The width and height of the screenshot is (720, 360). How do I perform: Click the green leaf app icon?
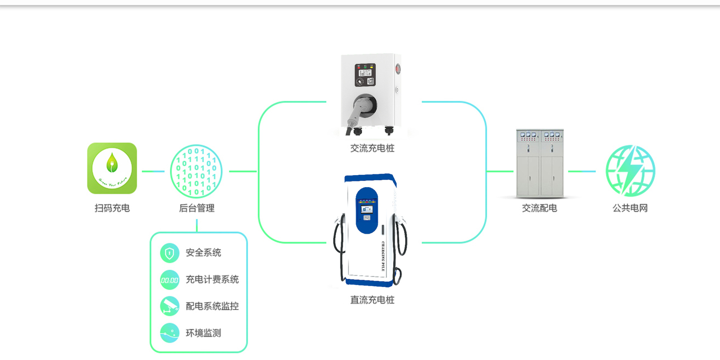112,168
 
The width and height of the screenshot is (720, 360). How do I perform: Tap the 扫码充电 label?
112,208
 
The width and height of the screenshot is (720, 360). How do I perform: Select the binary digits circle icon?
196,171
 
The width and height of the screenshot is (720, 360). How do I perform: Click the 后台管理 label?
196,208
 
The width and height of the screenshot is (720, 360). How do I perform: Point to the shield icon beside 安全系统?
169,253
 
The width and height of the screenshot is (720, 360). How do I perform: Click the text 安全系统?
204,253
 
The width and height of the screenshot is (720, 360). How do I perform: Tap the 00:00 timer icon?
169,280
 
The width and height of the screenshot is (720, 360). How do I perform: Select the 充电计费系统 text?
212,280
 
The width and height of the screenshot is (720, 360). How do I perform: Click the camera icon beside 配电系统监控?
169,306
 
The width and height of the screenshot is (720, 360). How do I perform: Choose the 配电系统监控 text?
212,306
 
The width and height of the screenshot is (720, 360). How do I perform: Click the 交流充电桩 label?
372,149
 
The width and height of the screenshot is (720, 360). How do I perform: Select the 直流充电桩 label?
372,300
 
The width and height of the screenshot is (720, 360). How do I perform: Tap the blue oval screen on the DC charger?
367,210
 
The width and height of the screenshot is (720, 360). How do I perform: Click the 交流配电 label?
540,208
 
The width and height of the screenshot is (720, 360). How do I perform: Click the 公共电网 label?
630,208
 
